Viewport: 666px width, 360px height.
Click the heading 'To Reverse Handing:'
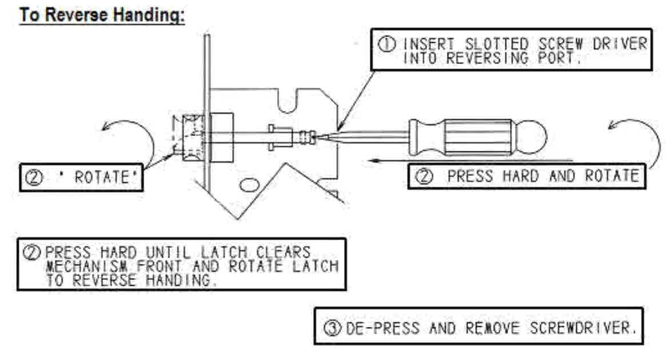coord(102,15)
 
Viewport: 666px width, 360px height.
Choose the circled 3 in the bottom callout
coord(332,329)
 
